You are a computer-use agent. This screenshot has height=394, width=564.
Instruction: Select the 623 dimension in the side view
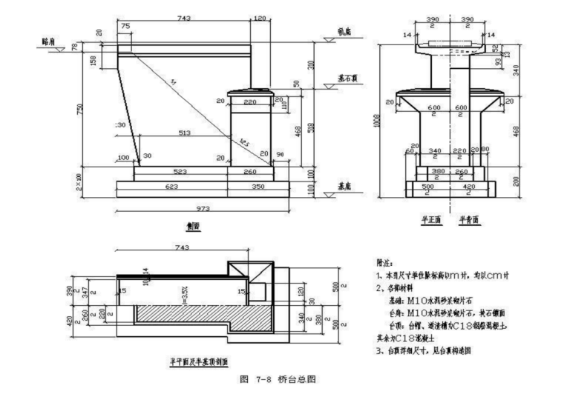[172, 187]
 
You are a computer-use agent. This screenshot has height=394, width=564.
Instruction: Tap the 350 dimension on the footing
[256, 187]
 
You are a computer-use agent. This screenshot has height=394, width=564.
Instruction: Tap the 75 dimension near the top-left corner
[125, 26]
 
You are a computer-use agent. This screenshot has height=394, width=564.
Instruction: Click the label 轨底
[344, 32]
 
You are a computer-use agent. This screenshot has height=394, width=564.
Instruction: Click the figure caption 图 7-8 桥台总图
[281, 379]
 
